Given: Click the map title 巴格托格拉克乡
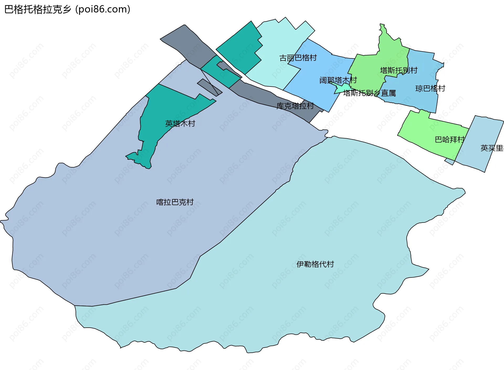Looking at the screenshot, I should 38,9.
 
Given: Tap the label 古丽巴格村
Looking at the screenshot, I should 298,58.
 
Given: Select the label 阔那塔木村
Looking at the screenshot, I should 338,80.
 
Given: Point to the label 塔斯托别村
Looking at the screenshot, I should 399,70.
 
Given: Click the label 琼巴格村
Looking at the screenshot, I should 430,88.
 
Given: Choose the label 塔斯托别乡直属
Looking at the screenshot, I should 369,93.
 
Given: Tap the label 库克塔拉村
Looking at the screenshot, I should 295,106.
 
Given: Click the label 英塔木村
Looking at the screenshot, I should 180,124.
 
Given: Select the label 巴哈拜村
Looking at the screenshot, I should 450,139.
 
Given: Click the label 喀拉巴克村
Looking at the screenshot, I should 175,202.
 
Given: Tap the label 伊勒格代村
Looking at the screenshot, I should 315,264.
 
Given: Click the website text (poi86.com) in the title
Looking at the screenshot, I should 103,9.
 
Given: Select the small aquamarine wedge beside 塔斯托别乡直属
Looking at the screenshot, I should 342,89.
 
